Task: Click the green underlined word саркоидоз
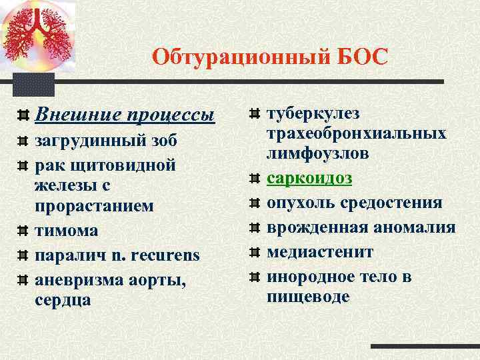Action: tap(309, 179)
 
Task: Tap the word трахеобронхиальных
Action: tap(357, 133)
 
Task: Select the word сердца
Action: tap(63, 300)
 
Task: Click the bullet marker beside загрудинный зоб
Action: tap(23, 141)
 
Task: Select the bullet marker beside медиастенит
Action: tap(254, 253)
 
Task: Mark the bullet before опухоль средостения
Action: tap(254, 203)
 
